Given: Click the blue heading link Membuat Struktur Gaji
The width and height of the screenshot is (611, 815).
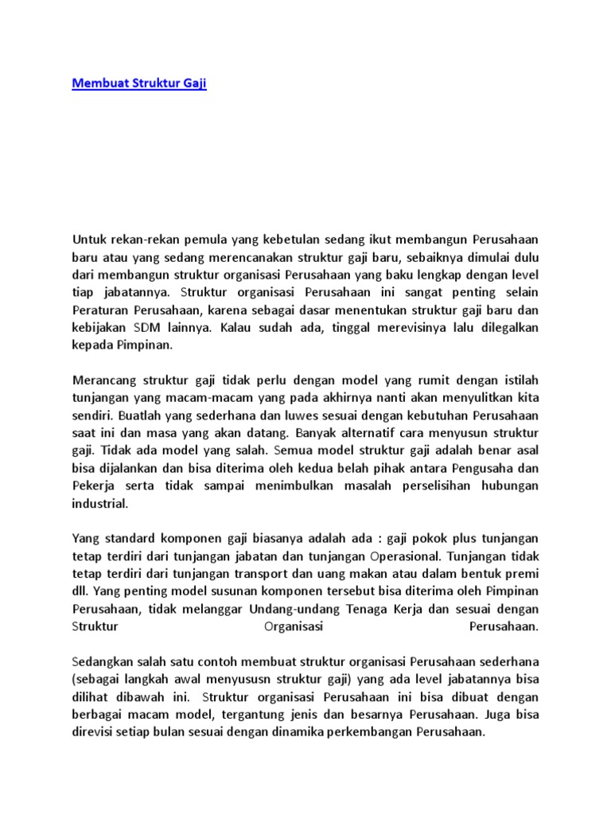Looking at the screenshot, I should (139, 83).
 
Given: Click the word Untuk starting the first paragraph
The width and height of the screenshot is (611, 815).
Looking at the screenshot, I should (88, 238).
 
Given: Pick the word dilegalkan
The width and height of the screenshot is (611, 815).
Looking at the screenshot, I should (504, 328).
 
